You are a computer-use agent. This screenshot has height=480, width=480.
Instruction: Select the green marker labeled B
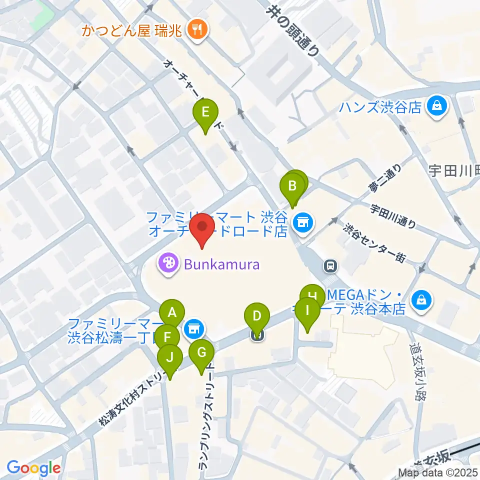(292, 188)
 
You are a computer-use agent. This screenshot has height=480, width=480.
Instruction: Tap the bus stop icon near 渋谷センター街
(329, 265)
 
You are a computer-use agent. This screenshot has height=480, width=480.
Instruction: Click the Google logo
(34, 468)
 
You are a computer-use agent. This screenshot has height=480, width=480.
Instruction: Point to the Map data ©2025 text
(438, 471)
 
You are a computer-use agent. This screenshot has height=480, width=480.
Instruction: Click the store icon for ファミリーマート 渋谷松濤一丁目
(192, 329)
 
